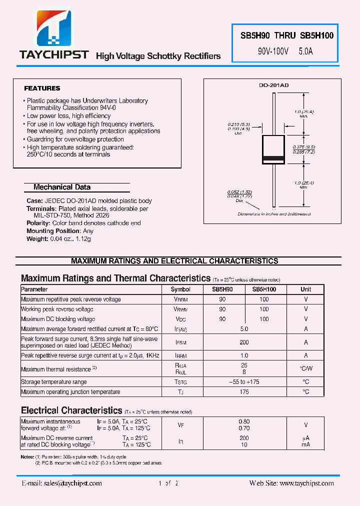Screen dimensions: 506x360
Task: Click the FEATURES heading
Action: (42, 88)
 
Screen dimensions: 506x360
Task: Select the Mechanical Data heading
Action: (62, 187)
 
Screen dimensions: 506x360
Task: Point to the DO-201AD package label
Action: (273, 85)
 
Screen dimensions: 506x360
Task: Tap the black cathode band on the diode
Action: (273, 159)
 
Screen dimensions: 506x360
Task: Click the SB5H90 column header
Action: (222, 289)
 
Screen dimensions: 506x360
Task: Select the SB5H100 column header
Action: (264, 289)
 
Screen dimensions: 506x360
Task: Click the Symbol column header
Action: (180, 289)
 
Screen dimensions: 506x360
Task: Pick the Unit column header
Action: (305, 289)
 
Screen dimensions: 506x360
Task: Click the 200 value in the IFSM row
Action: (244, 342)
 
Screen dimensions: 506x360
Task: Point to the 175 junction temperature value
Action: (244, 392)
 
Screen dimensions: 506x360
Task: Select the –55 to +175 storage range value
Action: (244, 382)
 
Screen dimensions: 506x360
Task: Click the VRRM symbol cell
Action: (180, 299)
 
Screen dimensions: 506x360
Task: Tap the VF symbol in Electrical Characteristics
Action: (180, 425)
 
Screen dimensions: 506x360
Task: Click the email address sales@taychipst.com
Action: (62, 483)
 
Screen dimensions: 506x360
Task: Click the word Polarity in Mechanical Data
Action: (38, 223)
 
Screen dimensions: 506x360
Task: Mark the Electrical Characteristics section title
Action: (71, 410)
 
